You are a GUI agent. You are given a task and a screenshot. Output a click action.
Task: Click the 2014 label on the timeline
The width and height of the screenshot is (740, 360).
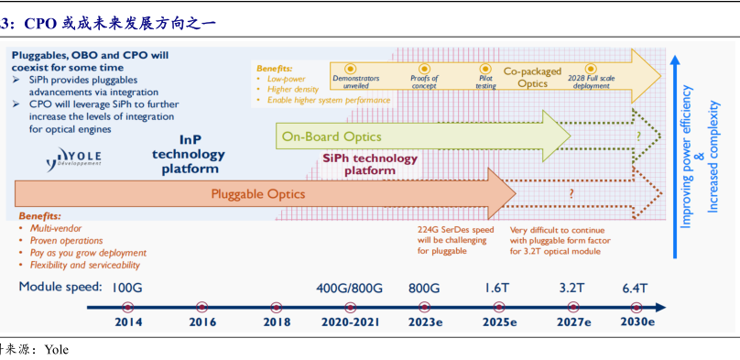(127, 322)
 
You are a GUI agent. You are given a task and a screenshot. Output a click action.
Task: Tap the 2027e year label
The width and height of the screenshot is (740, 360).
(573, 322)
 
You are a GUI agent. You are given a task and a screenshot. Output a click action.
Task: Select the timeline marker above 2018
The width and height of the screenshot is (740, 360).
(276, 307)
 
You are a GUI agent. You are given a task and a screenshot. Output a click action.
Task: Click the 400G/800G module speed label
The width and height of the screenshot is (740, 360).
(350, 288)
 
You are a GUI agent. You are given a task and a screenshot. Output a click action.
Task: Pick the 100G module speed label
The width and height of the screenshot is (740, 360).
(127, 288)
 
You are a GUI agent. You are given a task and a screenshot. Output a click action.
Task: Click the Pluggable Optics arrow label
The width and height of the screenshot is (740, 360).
(257, 194)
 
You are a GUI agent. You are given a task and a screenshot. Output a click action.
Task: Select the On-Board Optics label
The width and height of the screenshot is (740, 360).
(332, 136)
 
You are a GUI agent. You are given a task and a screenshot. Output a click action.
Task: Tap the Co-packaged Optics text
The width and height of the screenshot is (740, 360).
(532, 78)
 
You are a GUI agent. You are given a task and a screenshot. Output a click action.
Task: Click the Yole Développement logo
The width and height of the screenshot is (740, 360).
(73, 159)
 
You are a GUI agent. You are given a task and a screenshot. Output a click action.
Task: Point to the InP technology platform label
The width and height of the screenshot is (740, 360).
(189, 154)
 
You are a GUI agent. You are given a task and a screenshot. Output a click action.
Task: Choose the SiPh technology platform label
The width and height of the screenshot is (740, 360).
(370, 165)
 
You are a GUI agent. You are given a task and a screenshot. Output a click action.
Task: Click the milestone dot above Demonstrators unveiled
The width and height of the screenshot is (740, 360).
(350, 69)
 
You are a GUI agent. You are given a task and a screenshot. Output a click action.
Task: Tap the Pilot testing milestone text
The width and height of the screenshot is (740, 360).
(485, 82)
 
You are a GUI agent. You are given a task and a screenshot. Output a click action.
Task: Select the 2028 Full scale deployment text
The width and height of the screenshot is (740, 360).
(593, 82)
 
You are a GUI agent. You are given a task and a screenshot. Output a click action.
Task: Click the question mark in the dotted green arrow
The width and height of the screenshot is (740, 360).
(638, 136)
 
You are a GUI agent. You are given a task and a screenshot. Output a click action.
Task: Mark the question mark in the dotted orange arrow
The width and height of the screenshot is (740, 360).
(571, 193)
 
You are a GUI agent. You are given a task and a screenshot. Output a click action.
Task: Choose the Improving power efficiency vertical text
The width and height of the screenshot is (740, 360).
(687, 157)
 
